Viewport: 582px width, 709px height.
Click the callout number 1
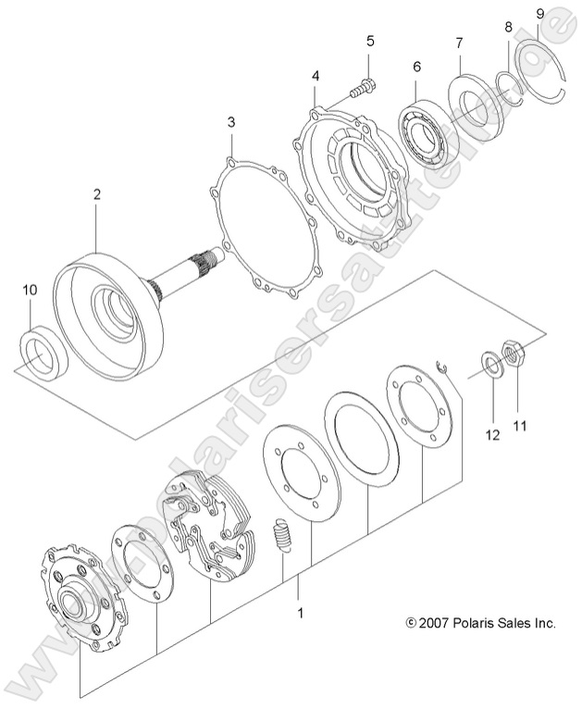pos(299,612)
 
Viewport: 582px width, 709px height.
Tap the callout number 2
pos(96,194)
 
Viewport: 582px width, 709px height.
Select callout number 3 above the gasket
pos(231,122)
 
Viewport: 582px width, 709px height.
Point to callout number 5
pos(369,41)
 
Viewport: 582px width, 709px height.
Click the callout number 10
pos(30,290)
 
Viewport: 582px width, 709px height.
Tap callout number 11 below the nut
pos(520,400)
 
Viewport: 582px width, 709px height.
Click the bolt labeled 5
pos(363,91)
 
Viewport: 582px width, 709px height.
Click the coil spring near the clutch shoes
pos(284,535)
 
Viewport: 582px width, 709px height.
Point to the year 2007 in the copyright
pos(435,623)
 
